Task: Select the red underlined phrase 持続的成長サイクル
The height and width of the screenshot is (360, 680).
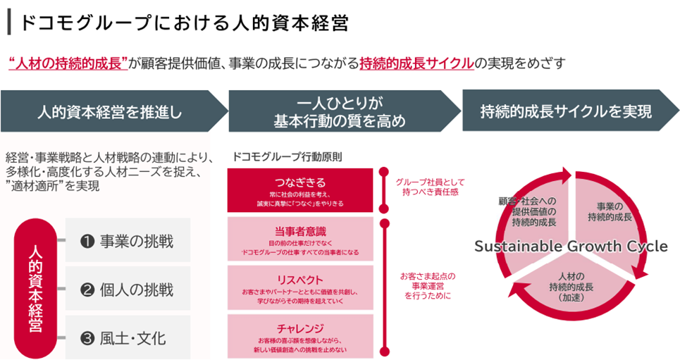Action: (x=416, y=63)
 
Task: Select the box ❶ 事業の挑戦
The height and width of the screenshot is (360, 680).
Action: (x=128, y=241)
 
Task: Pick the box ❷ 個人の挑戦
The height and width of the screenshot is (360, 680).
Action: (x=128, y=290)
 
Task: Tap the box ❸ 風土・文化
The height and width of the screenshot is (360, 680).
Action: (x=128, y=338)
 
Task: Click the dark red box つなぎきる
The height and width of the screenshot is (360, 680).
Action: (x=300, y=191)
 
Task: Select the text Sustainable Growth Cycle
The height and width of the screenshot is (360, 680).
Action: (x=571, y=246)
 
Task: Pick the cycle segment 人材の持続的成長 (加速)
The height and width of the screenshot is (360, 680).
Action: (x=570, y=285)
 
